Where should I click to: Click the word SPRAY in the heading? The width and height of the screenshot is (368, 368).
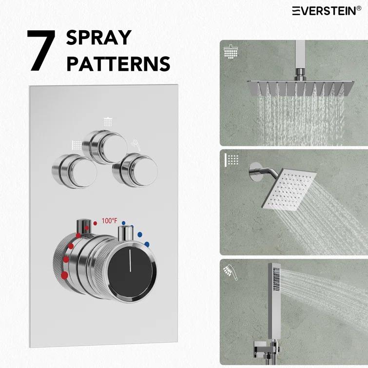[x=98, y=38]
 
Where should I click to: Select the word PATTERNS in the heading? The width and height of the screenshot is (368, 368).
[x=118, y=63]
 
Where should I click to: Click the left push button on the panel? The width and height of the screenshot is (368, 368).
[x=71, y=170]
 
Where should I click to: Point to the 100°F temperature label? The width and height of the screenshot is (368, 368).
[x=109, y=221]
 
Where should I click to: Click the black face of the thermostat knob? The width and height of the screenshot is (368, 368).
[x=131, y=271]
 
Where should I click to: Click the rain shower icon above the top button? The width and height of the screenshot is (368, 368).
[x=108, y=121]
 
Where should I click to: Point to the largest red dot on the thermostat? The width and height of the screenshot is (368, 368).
[x=64, y=275]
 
